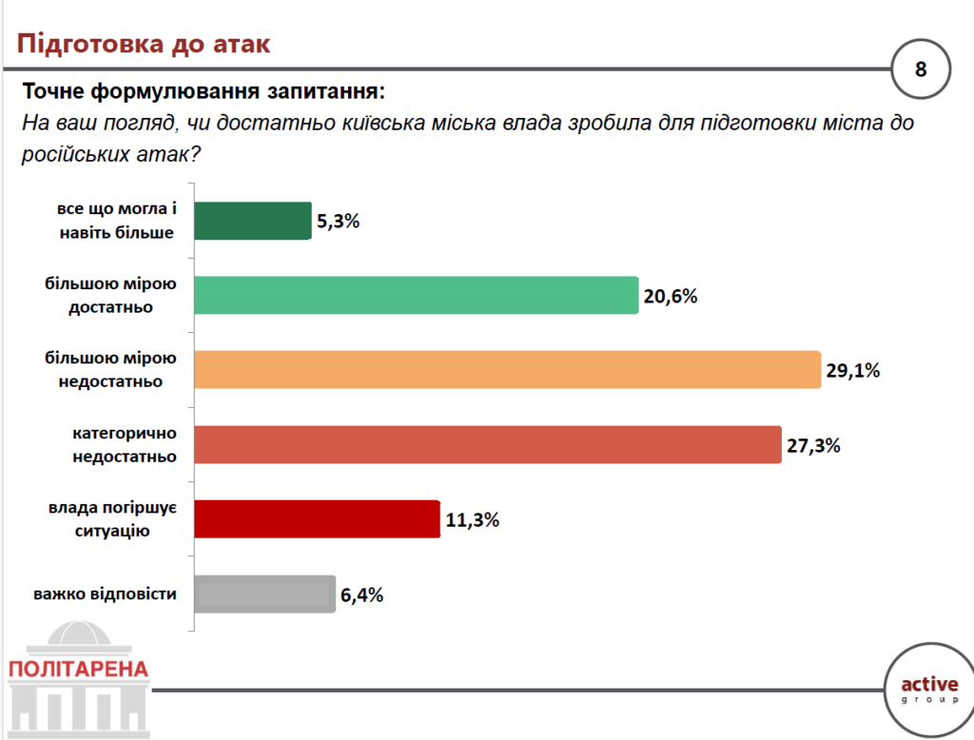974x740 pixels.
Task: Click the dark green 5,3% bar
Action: click(253, 221)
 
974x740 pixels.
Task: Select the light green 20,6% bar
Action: click(416, 295)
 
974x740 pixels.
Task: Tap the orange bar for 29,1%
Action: click(507, 370)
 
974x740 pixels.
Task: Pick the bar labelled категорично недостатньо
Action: click(488, 444)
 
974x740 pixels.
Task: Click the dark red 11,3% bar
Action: click(317, 519)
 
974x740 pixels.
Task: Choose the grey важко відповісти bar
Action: click(264, 594)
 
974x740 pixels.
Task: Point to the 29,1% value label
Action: click(853, 371)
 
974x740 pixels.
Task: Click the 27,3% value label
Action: click(813, 445)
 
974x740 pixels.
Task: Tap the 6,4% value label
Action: click(361, 595)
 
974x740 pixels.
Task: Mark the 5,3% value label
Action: click(339, 222)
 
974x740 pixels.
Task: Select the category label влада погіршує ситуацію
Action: click(111, 519)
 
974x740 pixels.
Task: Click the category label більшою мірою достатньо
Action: click(111, 295)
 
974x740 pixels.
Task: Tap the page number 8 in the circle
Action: click(921, 69)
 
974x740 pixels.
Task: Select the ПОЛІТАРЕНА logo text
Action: click(78, 669)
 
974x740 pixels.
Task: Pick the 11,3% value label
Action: click(472, 520)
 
